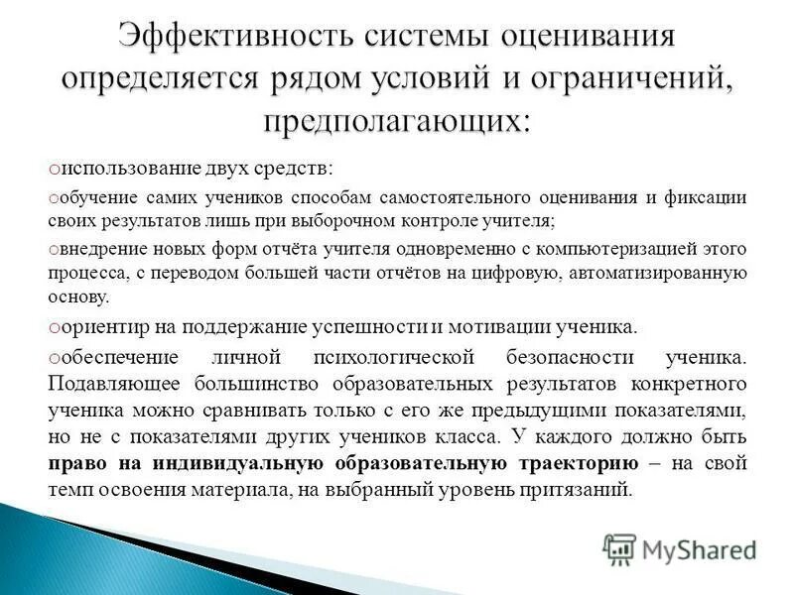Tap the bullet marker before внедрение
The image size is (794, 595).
tap(57, 249)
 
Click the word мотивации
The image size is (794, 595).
tap(501, 326)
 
